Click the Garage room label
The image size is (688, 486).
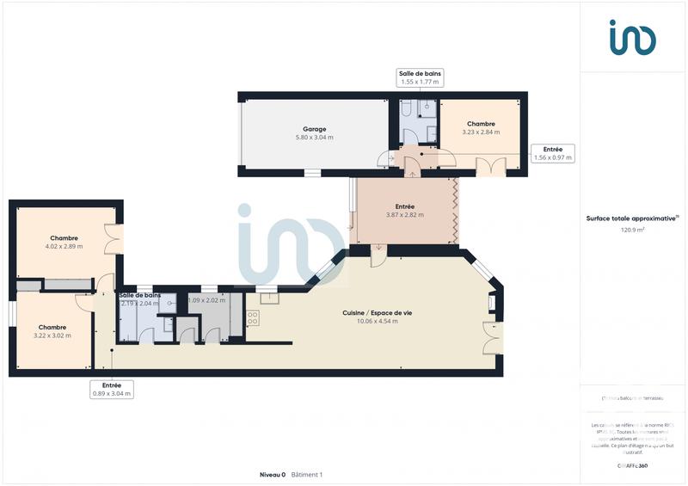pos(290,129)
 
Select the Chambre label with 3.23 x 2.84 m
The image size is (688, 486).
pos(481,124)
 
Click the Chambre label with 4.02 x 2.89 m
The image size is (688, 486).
pos(64,238)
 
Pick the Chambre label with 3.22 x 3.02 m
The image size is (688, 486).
pos(52,327)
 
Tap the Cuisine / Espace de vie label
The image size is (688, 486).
pos(377,313)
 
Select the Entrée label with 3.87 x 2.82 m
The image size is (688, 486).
pos(404,206)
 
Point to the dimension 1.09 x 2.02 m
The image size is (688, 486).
pos(206,300)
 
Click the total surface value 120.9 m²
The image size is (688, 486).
pos(633,230)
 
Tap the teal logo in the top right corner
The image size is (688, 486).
pos(632,38)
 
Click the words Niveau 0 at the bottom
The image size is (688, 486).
pos(272,475)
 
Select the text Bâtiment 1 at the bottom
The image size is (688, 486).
pos(307,475)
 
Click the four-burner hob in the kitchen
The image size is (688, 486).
pos(253,319)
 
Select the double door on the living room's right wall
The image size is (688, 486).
pos(491,339)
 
